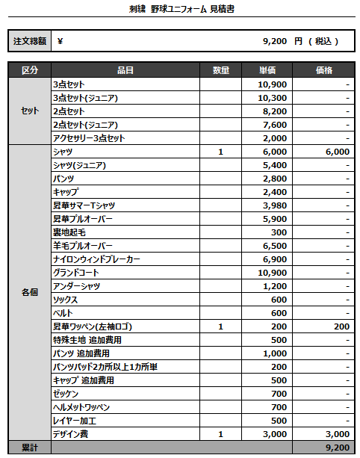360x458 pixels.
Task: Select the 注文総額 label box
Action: point(29,42)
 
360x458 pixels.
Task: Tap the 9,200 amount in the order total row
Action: point(276,42)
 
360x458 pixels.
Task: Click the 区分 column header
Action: point(29,70)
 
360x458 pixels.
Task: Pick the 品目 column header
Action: point(125,70)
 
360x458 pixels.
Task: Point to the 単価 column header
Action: point(268,70)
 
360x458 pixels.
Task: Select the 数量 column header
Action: point(221,70)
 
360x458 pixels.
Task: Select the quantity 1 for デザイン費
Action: point(221,434)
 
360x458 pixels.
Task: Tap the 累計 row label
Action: point(29,448)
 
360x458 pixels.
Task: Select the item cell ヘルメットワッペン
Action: point(81,407)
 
